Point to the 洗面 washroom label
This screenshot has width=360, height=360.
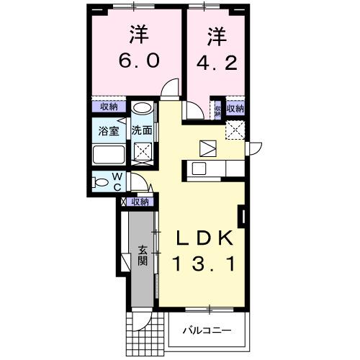142,131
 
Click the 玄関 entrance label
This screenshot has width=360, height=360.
143,255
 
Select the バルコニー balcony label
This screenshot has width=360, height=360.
207,330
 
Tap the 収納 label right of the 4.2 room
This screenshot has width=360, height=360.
235,109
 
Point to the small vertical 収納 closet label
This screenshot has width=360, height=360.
217,110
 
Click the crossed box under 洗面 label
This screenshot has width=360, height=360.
142,152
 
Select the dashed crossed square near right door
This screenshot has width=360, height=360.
235,130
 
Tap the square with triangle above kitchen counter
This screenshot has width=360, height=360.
208,147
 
